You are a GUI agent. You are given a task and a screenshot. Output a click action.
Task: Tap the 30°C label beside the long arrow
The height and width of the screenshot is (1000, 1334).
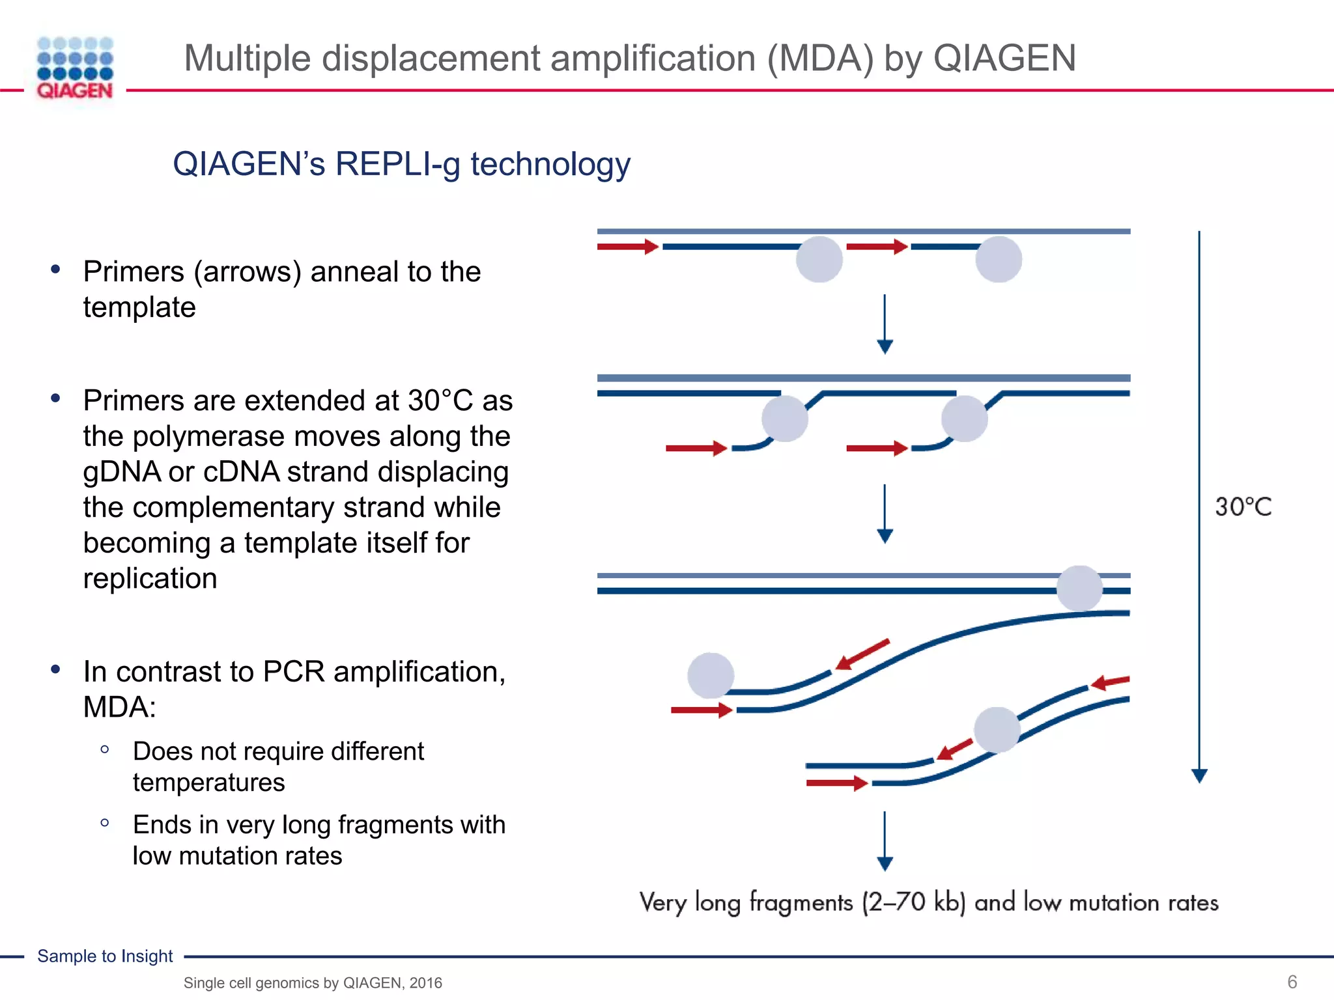pyautogui.click(x=1243, y=507)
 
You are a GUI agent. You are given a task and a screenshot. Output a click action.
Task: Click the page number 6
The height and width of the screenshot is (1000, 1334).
pyautogui.click(x=1292, y=982)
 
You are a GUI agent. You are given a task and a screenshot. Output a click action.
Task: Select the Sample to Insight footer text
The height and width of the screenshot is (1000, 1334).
pyautogui.click(x=105, y=956)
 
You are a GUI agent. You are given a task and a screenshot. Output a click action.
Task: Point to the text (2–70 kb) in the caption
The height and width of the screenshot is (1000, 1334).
pyautogui.click(x=913, y=902)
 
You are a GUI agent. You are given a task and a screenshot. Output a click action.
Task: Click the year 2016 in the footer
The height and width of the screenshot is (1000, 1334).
pyautogui.click(x=425, y=983)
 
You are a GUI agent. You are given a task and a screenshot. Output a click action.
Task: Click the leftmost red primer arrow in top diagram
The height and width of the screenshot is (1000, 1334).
pyautogui.click(x=627, y=247)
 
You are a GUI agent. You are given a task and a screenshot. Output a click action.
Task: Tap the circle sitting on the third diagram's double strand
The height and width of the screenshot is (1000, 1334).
pyautogui.click(x=1079, y=589)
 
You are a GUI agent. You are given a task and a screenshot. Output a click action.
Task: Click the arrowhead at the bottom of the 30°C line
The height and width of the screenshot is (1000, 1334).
pyautogui.click(x=1199, y=775)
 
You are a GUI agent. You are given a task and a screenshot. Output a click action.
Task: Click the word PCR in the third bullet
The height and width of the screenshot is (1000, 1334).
pyautogui.click(x=293, y=672)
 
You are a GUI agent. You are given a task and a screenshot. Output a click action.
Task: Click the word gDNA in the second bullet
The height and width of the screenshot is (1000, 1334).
pyautogui.click(x=122, y=472)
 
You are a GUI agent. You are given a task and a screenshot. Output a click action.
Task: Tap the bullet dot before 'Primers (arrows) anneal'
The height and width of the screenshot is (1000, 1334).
pyautogui.click(x=56, y=269)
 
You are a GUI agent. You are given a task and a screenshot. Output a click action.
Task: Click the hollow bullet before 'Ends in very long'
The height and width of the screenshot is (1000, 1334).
pyautogui.click(x=105, y=823)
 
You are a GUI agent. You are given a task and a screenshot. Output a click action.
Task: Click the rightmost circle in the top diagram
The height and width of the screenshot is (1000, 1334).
pyautogui.click(x=998, y=259)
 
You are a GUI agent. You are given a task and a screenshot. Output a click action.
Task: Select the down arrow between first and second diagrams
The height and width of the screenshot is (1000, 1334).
pyautogui.click(x=885, y=324)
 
